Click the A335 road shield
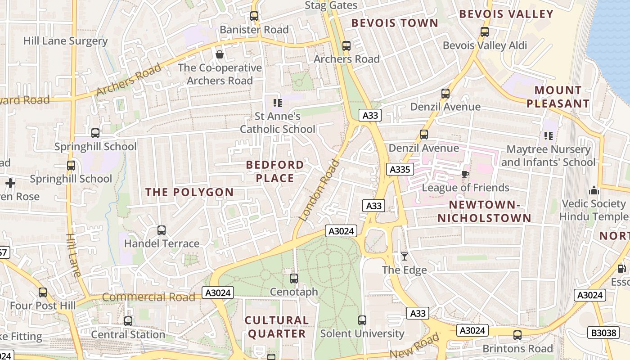point(400,169)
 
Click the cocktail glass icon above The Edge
point(405,256)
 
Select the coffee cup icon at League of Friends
point(465,174)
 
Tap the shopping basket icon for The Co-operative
point(220,54)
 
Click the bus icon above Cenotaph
point(294,279)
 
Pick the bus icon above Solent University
point(362,320)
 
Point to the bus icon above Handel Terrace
point(162,230)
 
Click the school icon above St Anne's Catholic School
point(278,103)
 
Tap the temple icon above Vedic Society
point(594,190)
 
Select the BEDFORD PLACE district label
point(275,171)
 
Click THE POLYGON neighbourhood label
point(189,192)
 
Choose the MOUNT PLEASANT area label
point(558,97)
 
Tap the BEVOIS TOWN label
point(395,23)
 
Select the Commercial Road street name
point(148,297)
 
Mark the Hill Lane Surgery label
point(66,41)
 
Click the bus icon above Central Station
point(128,321)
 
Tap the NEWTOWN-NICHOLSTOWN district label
point(484,211)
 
